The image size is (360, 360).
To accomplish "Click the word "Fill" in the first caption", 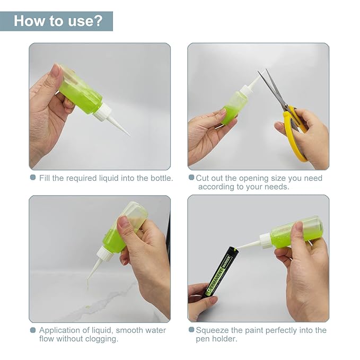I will [x=45, y=178].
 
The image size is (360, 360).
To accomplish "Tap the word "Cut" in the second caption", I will [x=203, y=178].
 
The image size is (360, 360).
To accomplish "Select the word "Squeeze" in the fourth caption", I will [x=212, y=330].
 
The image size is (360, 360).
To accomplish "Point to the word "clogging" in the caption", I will [x=100, y=339].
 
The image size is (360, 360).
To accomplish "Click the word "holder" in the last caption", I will [x=225, y=339].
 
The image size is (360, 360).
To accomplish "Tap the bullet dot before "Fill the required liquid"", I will [x=33, y=178].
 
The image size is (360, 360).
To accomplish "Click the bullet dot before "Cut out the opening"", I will [x=191, y=178].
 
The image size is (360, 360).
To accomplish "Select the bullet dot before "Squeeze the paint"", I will [x=191, y=330].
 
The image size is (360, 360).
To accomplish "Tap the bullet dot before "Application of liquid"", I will [x=33, y=330].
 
